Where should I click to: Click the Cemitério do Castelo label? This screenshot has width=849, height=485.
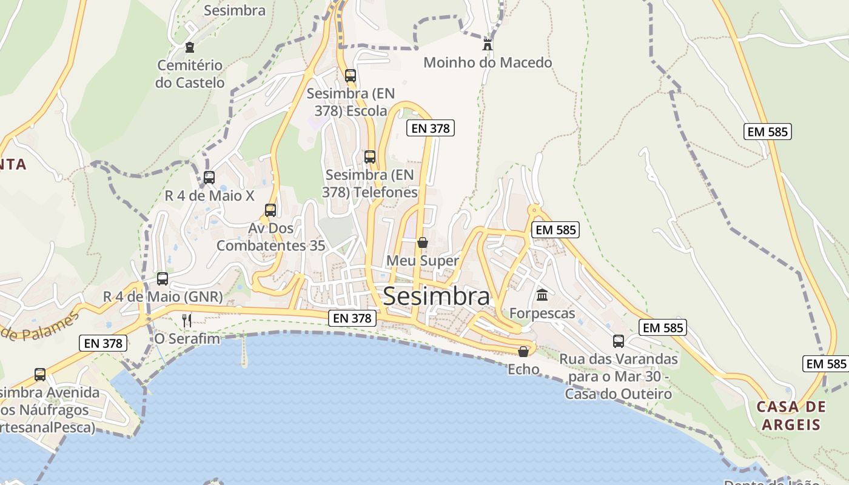[x=190, y=74]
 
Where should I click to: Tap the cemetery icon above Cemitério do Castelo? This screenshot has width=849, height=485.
[x=190, y=47]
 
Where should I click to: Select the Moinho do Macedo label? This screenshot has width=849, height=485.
[x=488, y=62]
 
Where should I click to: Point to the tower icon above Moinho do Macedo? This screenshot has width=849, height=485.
[x=487, y=44]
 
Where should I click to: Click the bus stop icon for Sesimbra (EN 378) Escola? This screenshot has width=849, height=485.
[x=351, y=76]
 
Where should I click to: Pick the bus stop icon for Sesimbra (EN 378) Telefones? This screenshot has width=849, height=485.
[x=370, y=156]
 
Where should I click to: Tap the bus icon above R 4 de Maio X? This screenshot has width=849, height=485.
[x=209, y=178]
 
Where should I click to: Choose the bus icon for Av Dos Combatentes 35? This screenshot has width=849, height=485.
[x=270, y=210]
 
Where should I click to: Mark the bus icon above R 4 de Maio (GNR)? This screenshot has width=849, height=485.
[x=163, y=279]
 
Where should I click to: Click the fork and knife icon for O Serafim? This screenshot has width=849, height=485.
[x=187, y=320]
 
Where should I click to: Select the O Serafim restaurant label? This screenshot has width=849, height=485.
[x=187, y=338]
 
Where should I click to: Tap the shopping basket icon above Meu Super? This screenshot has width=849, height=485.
[x=423, y=242]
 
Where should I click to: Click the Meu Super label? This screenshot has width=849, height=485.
[x=423, y=261]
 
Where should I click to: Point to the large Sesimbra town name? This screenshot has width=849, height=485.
[x=437, y=296]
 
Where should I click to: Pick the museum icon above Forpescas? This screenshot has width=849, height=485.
[x=542, y=295]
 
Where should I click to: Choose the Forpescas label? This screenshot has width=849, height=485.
[x=542, y=313]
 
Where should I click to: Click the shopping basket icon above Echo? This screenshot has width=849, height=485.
[x=523, y=352]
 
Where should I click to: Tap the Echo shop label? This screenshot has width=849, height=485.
[x=523, y=369]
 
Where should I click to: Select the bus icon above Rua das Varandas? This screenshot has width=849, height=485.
[x=619, y=341]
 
